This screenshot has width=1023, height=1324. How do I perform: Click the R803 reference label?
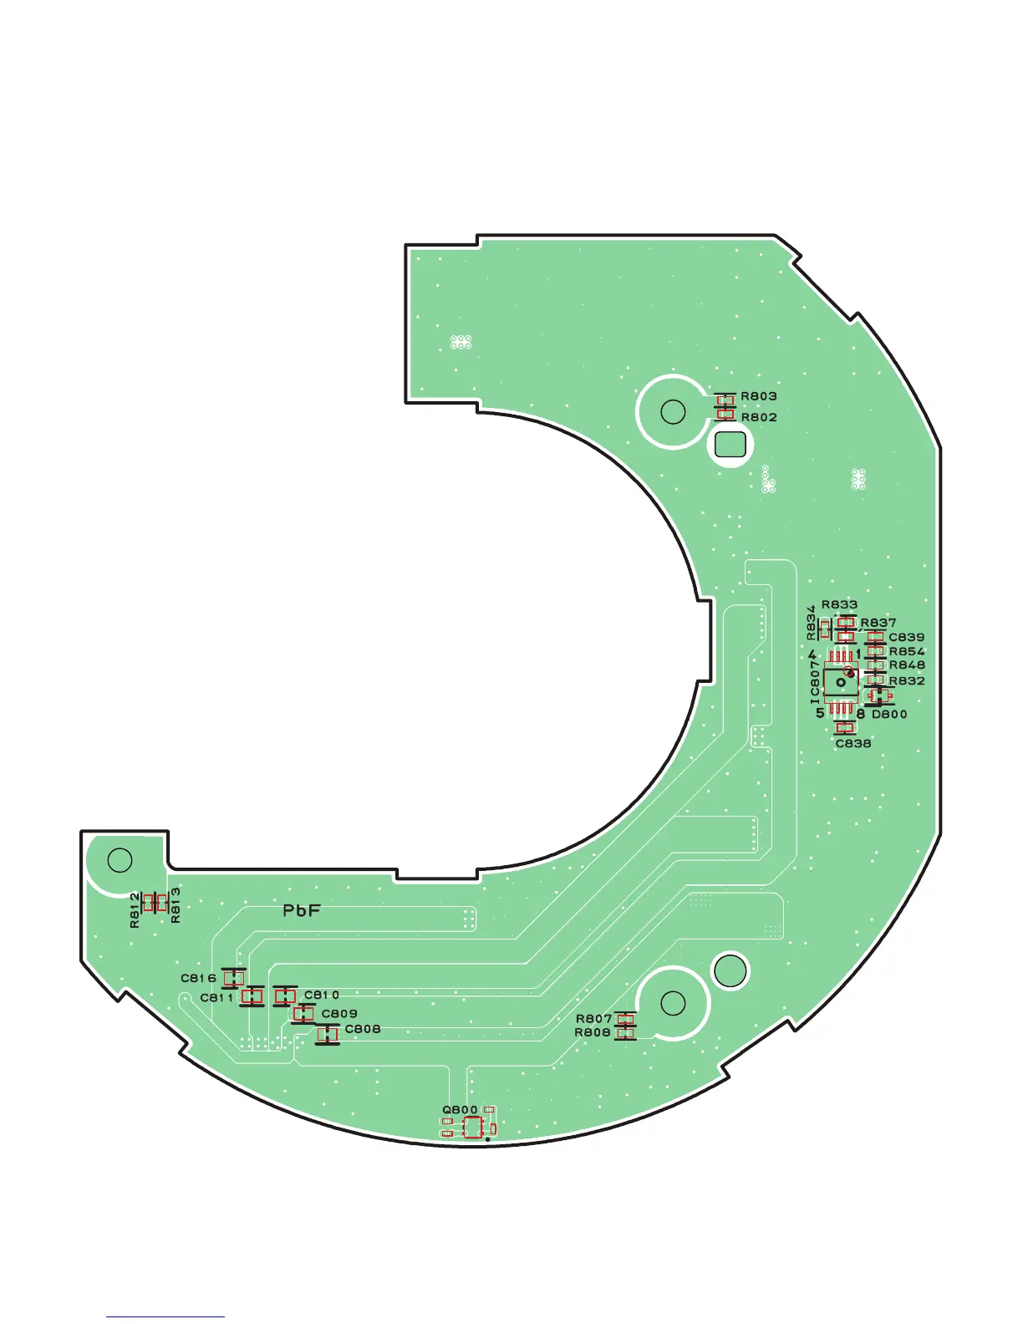point(759,396)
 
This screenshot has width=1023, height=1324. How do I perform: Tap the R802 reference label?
point(759,417)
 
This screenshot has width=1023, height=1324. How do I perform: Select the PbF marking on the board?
point(302,910)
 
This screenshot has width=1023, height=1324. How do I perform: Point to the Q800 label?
point(460,1109)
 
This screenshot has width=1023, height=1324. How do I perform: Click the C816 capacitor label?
point(199,978)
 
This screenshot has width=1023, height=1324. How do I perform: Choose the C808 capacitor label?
point(363,1028)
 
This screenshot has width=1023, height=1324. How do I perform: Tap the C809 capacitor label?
point(339,1013)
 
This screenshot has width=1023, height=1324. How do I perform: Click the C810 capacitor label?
point(322,995)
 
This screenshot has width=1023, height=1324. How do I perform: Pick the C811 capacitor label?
point(217,998)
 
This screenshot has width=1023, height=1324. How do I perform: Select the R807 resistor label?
point(594,1019)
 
